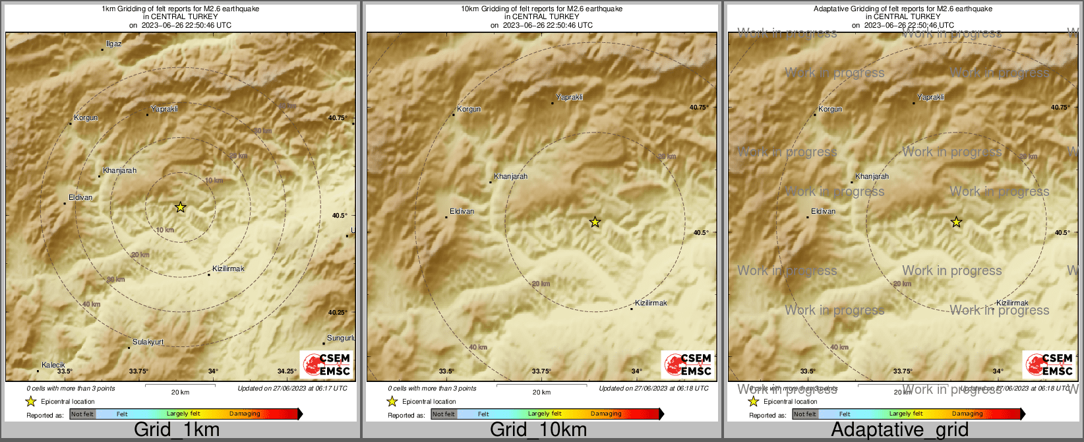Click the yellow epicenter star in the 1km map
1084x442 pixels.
180,207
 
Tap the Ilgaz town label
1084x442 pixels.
114,44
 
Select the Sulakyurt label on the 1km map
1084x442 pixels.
148,342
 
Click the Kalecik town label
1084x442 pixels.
53,365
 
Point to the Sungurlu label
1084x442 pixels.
341,338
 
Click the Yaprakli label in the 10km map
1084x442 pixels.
569,97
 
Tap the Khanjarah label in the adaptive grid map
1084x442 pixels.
872,176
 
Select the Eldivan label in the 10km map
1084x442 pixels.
462,211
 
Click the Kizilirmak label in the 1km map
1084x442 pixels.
228,268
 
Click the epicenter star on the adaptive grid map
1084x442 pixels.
956,222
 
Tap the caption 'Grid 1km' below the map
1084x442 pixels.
177,429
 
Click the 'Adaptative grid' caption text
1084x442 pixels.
899,429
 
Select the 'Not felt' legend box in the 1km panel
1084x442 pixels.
82,414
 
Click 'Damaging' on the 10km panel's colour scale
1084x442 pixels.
606,414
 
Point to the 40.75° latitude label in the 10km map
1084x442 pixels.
699,107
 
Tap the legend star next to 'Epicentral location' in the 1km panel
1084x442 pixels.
30,401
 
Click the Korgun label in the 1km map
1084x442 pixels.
86,117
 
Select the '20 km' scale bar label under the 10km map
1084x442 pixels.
541,392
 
